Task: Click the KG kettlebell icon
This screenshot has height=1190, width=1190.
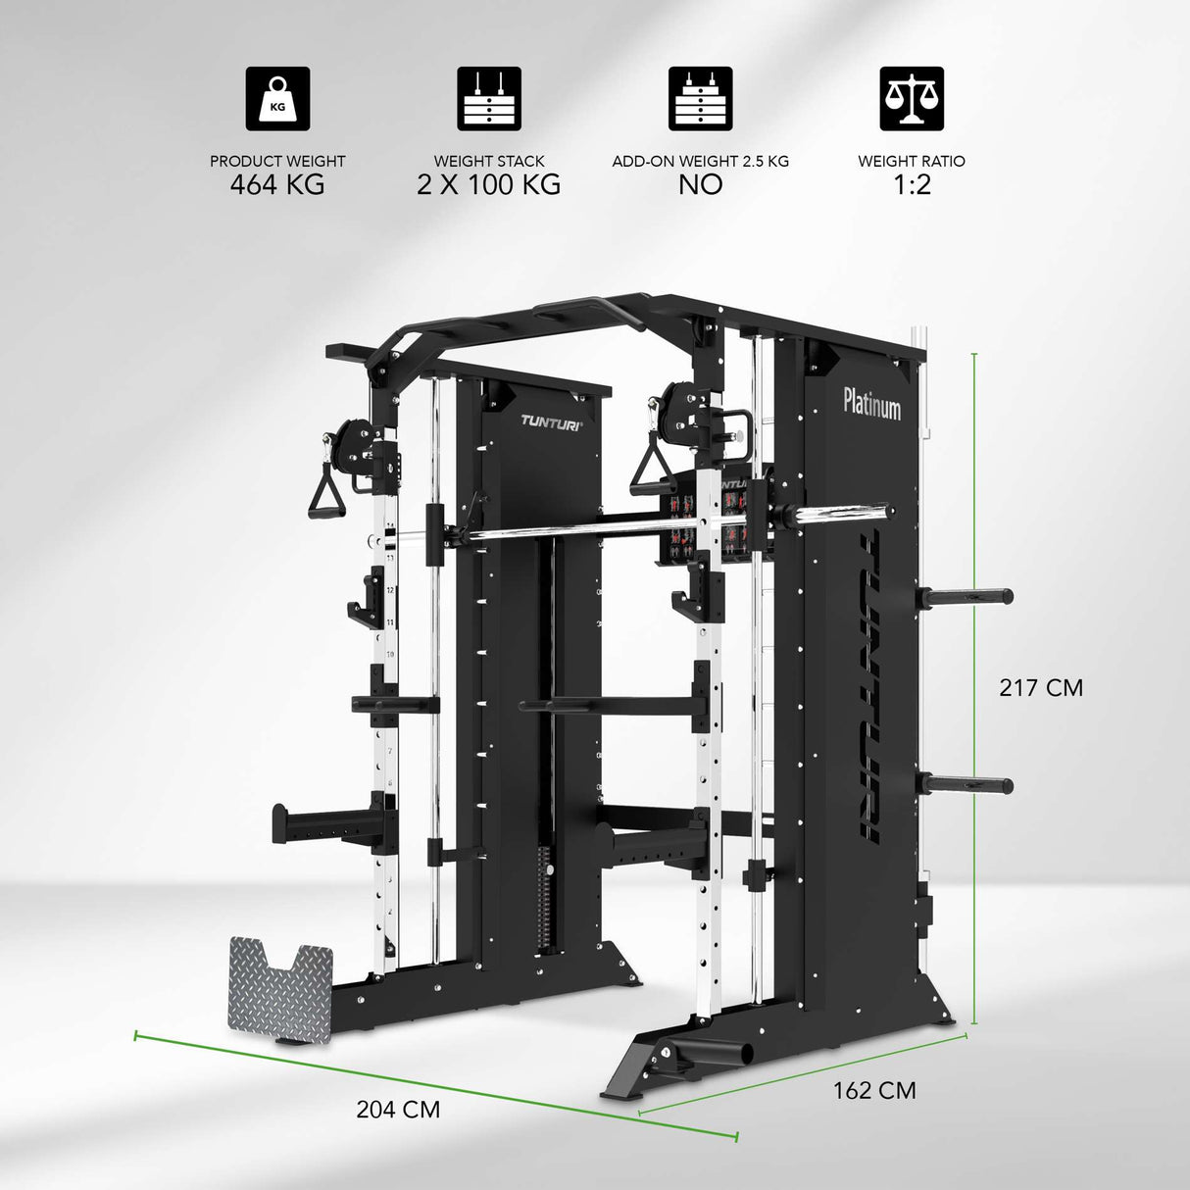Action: pyautogui.click(x=277, y=98)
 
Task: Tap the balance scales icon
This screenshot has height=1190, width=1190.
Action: pyautogui.click(x=912, y=98)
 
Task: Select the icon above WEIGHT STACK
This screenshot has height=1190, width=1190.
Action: pyautogui.click(x=489, y=98)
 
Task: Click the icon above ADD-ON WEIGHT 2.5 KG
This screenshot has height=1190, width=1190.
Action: pyautogui.click(x=700, y=98)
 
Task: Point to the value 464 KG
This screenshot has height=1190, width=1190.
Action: pyautogui.click(x=277, y=184)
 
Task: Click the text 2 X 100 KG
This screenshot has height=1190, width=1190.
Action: pyautogui.click(x=489, y=184)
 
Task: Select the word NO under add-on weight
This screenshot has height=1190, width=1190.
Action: pyautogui.click(x=700, y=184)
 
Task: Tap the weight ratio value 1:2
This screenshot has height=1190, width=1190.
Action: pyautogui.click(x=912, y=184)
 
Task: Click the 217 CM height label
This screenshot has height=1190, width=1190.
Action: pyautogui.click(x=1041, y=687)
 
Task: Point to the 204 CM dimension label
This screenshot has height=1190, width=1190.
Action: pyautogui.click(x=398, y=1109)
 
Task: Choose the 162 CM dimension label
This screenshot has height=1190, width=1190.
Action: pyautogui.click(x=874, y=1090)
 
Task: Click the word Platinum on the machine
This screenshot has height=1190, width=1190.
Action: pyautogui.click(x=871, y=403)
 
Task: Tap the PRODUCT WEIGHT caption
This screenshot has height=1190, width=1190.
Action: pyautogui.click(x=277, y=161)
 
